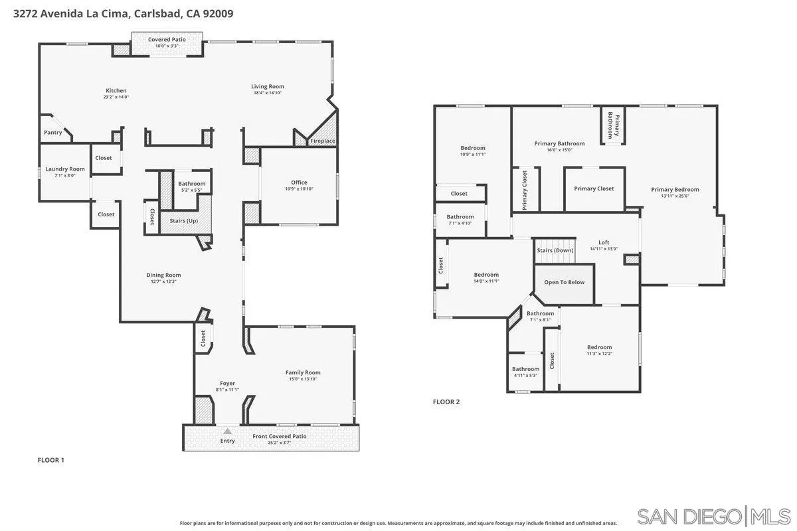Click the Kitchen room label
pyautogui.click(x=116, y=91)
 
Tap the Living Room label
pyautogui.click(x=268, y=86)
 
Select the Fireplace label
pyautogui.click(x=323, y=141)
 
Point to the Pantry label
pyautogui.click(x=53, y=133)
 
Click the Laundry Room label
pyautogui.click(x=65, y=169)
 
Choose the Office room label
pyautogui.click(x=299, y=183)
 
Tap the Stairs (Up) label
pyautogui.click(x=184, y=220)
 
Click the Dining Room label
pyautogui.click(x=163, y=275)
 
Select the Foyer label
pyautogui.click(x=227, y=384)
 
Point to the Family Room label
pyautogui.click(x=303, y=373)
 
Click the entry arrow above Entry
pyautogui.click(x=227, y=431)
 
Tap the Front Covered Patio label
pyautogui.click(x=279, y=437)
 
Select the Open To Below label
pyautogui.click(x=565, y=282)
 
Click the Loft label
pyautogui.click(x=604, y=243)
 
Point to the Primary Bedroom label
pyautogui.click(x=675, y=190)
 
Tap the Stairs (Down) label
pyautogui.click(x=555, y=250)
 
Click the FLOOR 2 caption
pyautogui.click(x=446, y=402)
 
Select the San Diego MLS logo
pyautogui.click(x=713, y=515)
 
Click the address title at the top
pyautogui.click(x=123, y=13)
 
